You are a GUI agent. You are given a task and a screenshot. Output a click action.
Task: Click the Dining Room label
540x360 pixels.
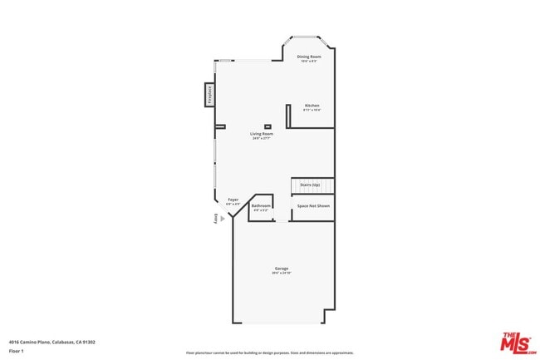click(309, 57)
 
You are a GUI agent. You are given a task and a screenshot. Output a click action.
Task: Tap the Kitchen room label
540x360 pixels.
click(312, 106)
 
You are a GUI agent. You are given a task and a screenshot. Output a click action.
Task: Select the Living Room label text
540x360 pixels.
click(262, 134)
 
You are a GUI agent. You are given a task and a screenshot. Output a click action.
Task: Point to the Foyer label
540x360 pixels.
click(233, 200)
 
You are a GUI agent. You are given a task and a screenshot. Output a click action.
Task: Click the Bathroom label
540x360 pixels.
click(262, 205)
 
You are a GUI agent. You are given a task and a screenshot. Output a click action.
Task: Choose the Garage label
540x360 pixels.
click(282, 269)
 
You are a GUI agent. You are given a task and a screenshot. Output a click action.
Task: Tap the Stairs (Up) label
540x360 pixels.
click(310, 185)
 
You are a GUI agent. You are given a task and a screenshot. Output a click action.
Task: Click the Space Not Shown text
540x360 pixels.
click(313, 205)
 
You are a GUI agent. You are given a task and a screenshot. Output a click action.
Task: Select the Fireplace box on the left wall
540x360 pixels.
click(209, 95)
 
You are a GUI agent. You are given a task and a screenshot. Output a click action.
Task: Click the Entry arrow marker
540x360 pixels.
click(222, 219)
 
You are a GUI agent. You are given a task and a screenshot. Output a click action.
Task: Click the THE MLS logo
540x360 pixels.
click(515, 342)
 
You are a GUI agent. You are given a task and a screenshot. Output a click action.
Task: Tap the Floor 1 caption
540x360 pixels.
click(17, 351)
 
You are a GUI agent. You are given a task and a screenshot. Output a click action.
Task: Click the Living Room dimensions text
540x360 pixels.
click(262, 139)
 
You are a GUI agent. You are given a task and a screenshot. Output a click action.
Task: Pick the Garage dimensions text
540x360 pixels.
click(282, 274)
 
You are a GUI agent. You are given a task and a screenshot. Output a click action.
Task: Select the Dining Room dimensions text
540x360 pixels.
click(309, 62)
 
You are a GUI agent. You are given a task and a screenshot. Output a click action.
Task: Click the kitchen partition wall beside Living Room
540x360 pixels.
click(287, 116)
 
